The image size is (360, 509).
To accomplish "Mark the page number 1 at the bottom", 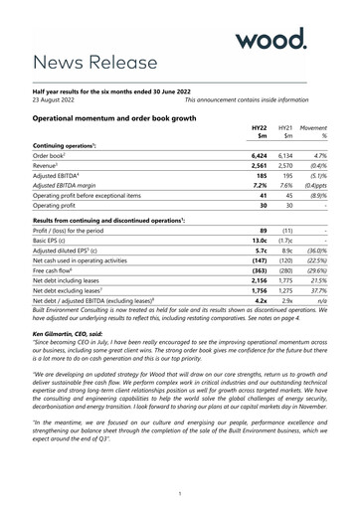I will (179, 494).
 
